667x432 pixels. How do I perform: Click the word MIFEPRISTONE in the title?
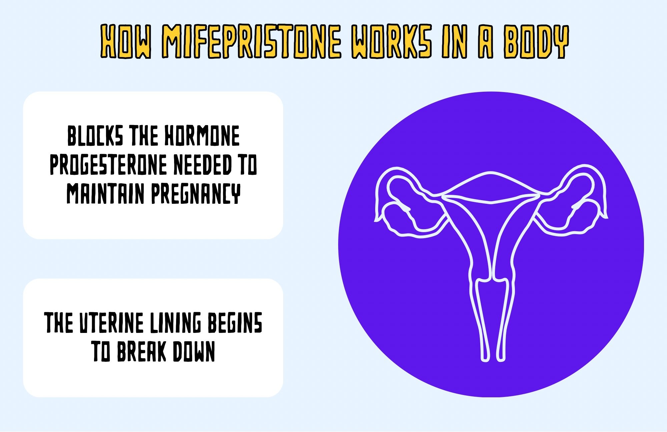click(x=252, y=41)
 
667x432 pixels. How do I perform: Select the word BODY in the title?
click(x=536, y=41)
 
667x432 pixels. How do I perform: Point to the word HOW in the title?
click(x=126, y=41)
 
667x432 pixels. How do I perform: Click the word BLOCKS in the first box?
click(x=95, y=136)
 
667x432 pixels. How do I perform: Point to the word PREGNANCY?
click(x=196, y=193)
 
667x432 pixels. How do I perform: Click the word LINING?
click(x=175, y=323)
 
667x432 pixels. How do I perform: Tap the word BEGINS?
click(x=235, y=323)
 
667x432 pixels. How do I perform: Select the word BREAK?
click(x=141, y=351)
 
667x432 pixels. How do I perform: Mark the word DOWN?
click(x=193, y=351)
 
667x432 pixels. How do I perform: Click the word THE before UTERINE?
click(x=59, y=323)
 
